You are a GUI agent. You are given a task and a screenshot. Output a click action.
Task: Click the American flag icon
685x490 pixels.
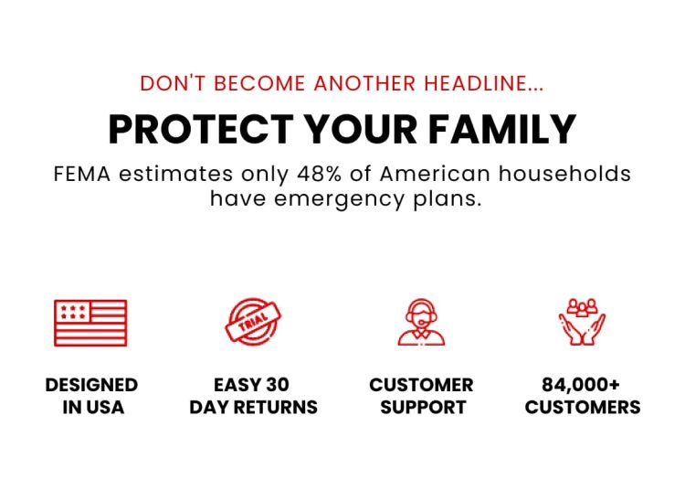pos(90,323)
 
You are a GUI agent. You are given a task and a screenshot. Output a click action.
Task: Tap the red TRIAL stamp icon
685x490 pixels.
pos(253,322)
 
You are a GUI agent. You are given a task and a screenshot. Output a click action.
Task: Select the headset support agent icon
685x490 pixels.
pos(421,322)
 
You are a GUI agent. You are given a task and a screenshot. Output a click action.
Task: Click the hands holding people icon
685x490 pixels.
pos(582,322)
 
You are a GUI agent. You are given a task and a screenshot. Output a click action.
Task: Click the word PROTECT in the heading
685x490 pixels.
pos(201,129)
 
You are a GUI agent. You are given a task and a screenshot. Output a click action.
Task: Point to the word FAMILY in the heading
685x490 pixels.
pos(502,129)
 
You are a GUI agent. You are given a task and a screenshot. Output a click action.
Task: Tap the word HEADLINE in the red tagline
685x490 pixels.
pos(483,83)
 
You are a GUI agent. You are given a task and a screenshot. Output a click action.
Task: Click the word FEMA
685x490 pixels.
pos(82,174)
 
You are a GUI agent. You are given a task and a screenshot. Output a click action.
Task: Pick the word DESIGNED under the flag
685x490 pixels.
pos(91,385)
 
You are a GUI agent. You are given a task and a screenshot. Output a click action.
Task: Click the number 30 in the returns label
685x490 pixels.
pos(278,385)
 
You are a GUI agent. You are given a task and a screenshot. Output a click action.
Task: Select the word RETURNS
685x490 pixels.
pos(275,408)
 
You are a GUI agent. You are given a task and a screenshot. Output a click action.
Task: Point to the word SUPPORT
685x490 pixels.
pos(423,408)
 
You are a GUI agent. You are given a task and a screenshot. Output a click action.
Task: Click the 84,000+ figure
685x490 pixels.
pos(581,385)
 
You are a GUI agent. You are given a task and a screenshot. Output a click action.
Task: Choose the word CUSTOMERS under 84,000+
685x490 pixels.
pos(583,408)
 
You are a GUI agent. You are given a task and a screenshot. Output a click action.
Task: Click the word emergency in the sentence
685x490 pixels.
pos(339,199)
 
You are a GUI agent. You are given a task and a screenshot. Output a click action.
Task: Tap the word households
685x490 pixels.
pos(564,174)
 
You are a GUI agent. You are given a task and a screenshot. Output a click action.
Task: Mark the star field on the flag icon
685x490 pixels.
pos(73,312)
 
